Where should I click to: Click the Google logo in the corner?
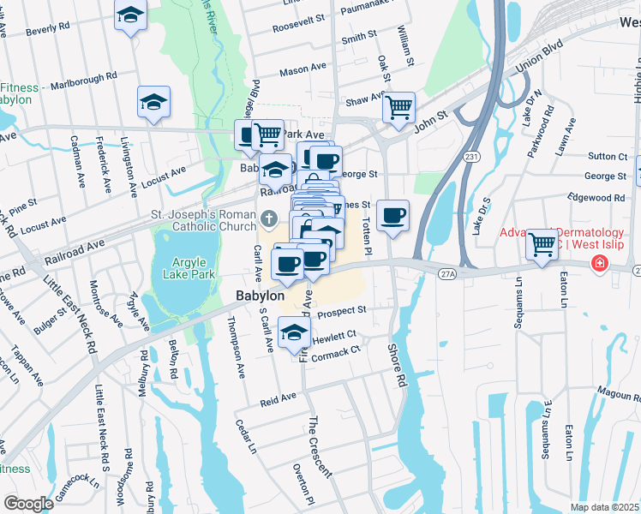tap(28, 504)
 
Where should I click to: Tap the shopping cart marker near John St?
tap(398, 108)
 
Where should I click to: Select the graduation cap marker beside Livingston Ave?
tap(153, 102)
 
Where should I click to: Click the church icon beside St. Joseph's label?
tap(269, 217)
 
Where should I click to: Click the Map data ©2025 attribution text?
tap(605, 507)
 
